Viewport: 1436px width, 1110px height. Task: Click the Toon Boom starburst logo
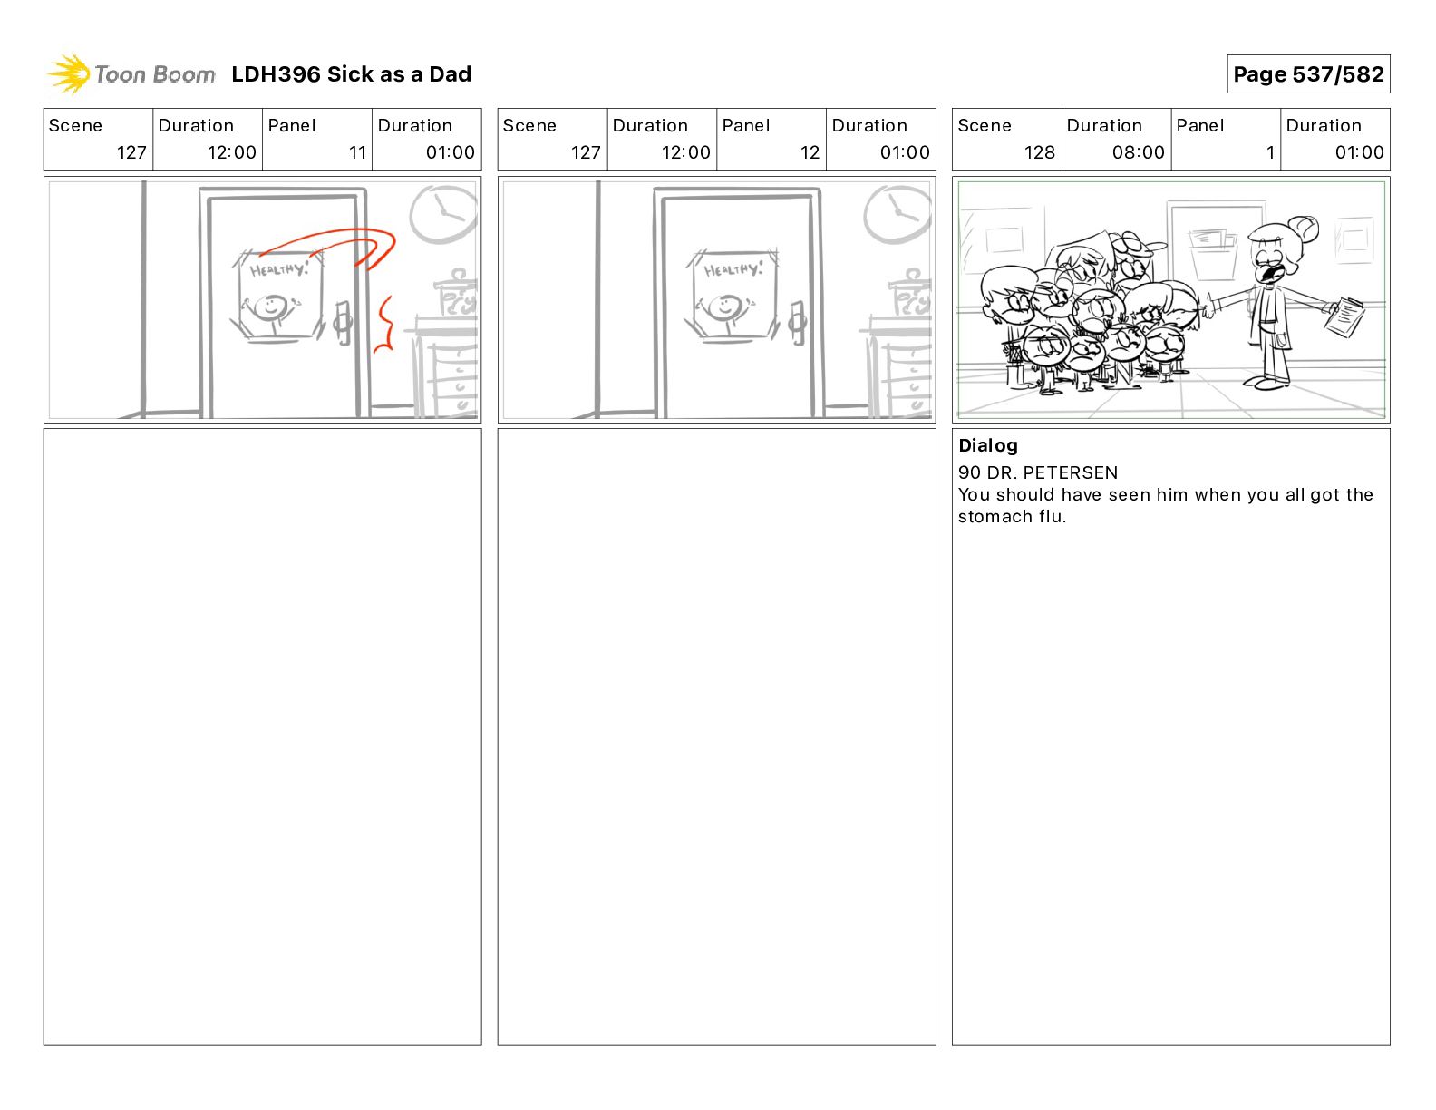(69, 74)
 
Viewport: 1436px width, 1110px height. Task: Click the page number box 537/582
(1308, 74)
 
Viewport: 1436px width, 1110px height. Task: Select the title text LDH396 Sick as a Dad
(352, 74)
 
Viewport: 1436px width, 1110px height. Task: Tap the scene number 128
(1039, 152)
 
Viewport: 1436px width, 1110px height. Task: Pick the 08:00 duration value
(1138, 152)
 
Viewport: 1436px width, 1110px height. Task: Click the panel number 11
(357, 152)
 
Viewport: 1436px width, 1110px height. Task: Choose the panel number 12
(810, 152)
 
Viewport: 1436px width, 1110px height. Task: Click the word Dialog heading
(988, 445)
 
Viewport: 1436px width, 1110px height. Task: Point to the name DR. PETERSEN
(1052, 472)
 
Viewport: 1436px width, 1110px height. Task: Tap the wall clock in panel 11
(444, 213)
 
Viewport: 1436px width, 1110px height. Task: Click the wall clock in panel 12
(898, 213)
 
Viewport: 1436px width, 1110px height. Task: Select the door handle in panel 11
(343, 323)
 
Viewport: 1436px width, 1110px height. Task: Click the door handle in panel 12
(797, 323)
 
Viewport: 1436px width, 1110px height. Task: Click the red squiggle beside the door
(384, 324)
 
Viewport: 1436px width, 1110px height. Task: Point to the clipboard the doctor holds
(1344, 317)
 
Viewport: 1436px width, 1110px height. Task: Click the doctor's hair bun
(1304, 229)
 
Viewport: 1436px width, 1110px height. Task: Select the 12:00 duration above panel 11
(231, 152)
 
